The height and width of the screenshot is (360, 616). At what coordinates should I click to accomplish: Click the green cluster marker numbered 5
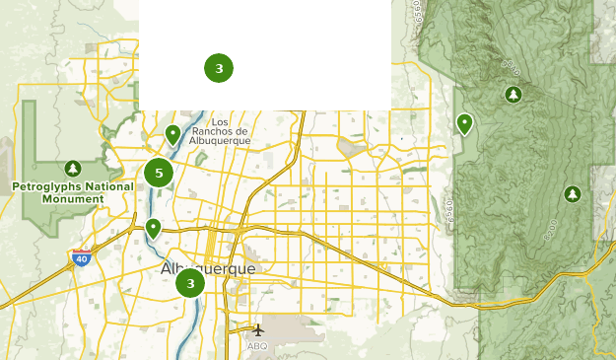[159, 174]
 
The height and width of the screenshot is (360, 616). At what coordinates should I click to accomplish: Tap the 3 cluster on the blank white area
[219, 68]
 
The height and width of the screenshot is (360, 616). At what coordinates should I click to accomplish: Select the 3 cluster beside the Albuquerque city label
[190, 283]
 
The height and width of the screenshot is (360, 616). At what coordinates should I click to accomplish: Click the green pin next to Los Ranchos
[172, 134]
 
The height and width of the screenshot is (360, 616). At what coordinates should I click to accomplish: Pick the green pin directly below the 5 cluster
[153, 229]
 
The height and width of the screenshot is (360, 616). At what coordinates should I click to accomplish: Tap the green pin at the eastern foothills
[464, 124]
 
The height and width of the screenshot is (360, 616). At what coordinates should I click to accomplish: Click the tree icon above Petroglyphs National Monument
[72, 169]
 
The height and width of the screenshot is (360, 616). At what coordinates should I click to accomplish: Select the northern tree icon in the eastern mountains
[513, 95]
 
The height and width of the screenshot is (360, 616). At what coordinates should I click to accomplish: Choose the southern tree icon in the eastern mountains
[572, 194]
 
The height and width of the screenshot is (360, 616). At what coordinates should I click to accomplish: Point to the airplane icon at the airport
[258, 330]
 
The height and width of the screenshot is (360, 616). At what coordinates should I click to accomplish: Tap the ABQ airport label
[257, 346]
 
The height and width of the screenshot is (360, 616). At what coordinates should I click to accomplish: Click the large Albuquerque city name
[208, 268]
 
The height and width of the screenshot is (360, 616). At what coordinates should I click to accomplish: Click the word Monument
[72, 198]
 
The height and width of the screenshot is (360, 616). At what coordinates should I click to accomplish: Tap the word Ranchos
[213, 130]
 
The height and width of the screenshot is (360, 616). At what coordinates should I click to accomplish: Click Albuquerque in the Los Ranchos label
[221, 140]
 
